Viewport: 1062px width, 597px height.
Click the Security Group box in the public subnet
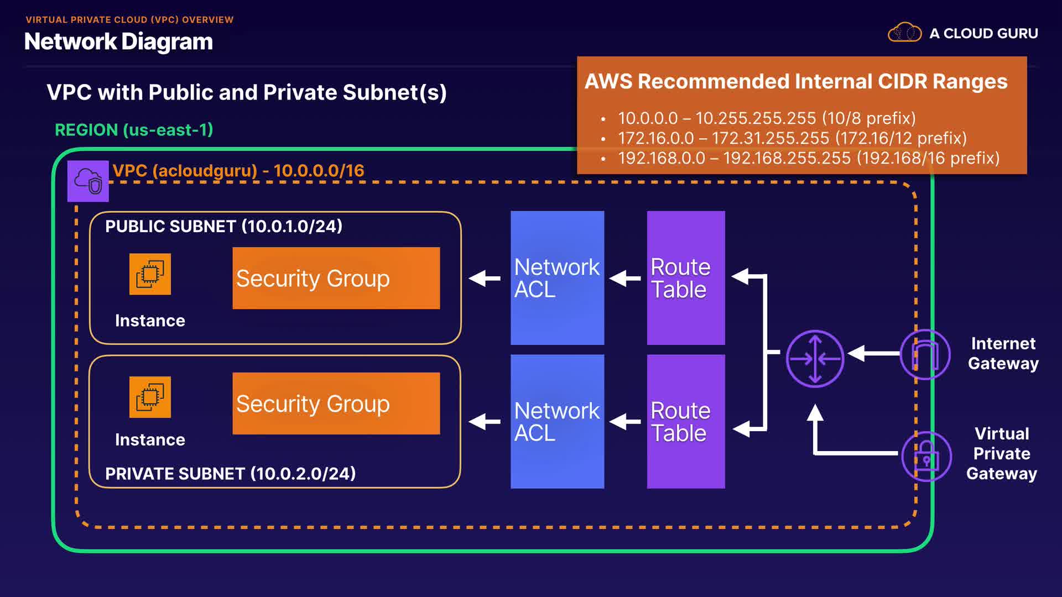pos(336,278)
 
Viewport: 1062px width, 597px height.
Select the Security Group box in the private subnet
pos(336,404)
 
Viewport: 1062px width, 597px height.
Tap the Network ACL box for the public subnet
pos(557,278)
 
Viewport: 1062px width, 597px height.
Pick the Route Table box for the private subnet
pos(686,421)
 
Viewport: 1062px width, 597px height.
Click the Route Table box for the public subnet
pos(686,278)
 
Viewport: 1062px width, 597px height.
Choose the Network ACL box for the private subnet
pos(557,421)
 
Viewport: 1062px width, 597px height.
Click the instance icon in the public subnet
pos(150,274)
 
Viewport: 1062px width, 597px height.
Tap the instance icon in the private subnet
pos(150,397)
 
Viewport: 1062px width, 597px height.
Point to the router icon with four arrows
pos(815,359)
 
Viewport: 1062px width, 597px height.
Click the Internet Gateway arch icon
pos(925,354)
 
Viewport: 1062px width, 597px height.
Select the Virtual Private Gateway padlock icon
pos(926,457)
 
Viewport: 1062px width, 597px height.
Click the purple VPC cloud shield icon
pos(88,181)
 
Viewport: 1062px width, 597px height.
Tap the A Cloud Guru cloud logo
pos(904,33)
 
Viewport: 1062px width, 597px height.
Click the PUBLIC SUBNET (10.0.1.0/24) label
pos(223,226)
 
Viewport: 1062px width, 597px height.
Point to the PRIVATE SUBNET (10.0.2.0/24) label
pos(230,474)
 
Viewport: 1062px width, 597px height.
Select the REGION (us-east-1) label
pos(134,130)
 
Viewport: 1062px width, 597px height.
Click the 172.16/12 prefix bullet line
pos(792,138)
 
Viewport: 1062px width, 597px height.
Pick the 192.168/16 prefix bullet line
pos(808,158)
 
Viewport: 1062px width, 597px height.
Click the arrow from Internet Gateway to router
pos(873,353)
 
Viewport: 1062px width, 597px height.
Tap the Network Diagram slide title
pos(118,41)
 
